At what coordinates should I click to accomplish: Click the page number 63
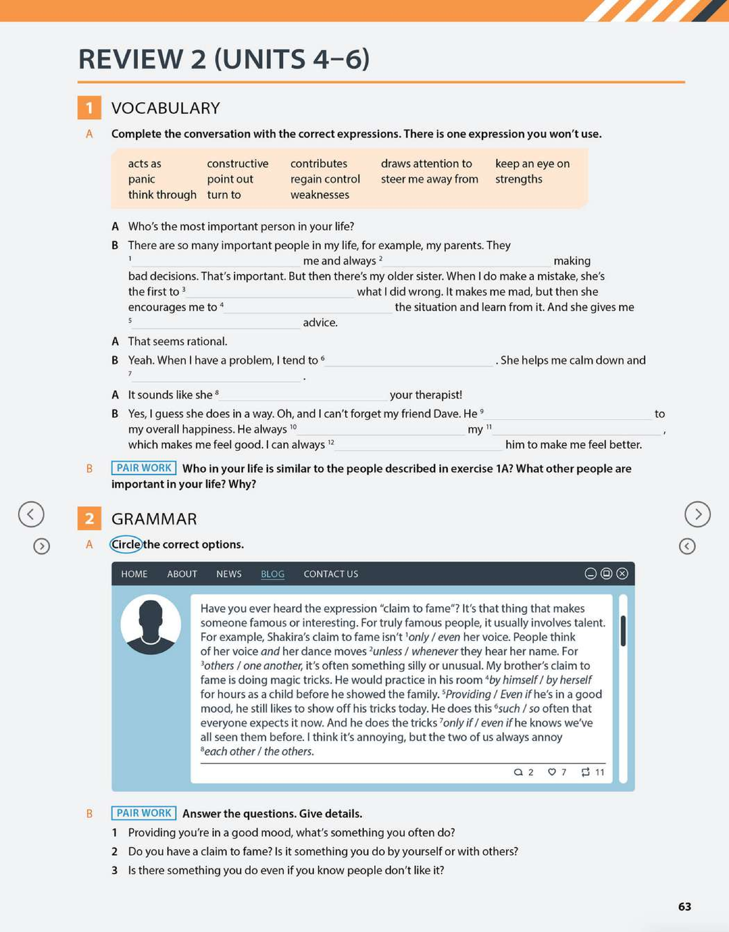coord(685,906)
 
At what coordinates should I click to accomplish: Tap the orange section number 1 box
coord(89,108)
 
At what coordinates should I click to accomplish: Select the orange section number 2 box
coord(89,518)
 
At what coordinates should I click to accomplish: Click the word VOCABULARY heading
coord(165,108)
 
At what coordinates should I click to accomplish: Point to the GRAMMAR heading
coord(154,519)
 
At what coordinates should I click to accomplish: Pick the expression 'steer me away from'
coord(430,179)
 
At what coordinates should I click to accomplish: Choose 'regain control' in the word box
coord(325,179)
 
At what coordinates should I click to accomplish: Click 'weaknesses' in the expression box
coord(320,195)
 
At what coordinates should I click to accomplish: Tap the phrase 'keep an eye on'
coord(532,163)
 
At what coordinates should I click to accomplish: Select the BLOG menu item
coord(272,574)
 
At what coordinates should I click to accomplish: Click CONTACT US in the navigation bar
coord(330,574)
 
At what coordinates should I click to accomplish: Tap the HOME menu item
coord(134,574)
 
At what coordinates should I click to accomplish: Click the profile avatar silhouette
coord(151,624)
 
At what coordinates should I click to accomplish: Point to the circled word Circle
coord(126,544)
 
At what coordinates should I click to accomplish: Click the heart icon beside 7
coord(552,772)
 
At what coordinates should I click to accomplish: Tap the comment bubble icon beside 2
coord(518,772)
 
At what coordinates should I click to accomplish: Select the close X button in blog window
coord(622,574)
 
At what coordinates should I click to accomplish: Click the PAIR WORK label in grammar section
coord(144,813)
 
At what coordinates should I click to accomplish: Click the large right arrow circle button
coord(697,514)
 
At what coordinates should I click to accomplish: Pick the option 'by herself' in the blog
coord(569,680)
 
